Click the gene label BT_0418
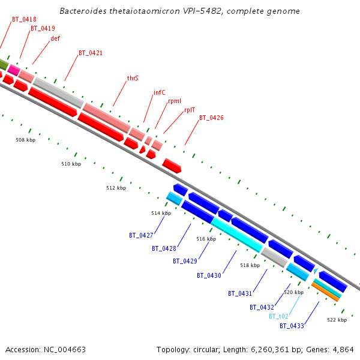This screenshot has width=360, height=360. pos(24,19)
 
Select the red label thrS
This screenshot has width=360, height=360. pos(133,79)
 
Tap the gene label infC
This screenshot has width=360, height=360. pos(160,92)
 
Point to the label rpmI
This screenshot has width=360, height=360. pos(175,101)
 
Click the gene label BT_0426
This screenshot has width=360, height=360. pos(211,118)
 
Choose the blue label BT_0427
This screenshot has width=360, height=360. pos(141,235)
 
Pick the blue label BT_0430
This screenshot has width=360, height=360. pos(209,275)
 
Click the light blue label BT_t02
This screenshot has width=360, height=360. pos(278,316)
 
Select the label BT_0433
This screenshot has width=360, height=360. pos(292,326)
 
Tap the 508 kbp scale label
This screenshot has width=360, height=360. pos(25,140)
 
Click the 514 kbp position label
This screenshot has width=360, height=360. pos(161,213)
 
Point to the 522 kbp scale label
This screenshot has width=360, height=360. pos(337,320)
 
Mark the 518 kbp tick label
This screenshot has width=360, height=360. pos(250,265)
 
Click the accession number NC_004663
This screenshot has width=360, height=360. pos(63,349)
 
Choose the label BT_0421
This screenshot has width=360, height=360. pos(91,53)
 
